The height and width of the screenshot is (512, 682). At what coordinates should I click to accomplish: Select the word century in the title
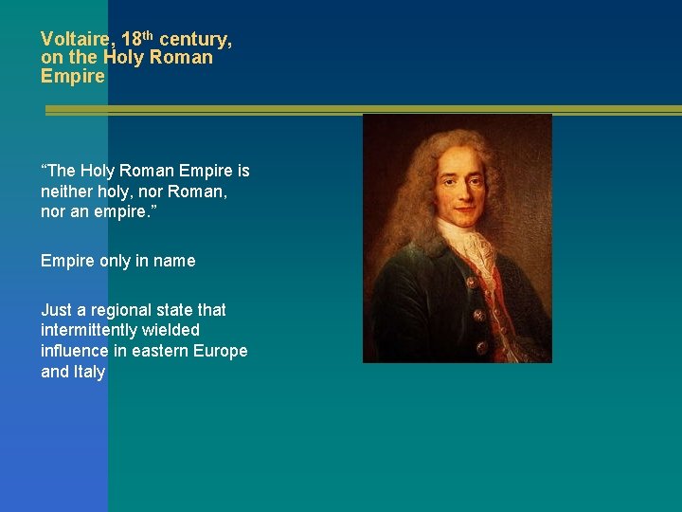[194, 40]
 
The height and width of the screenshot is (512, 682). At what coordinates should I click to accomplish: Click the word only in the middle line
[117, 261]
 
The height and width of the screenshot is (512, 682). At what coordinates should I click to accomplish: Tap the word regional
[118, 310]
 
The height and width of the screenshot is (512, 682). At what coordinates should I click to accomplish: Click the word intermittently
[93, 330]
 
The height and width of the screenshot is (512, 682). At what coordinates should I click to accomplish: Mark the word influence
[74, 351]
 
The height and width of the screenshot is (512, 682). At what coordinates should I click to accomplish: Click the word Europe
[221, 351]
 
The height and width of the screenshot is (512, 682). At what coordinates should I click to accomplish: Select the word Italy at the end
[87, 372]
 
